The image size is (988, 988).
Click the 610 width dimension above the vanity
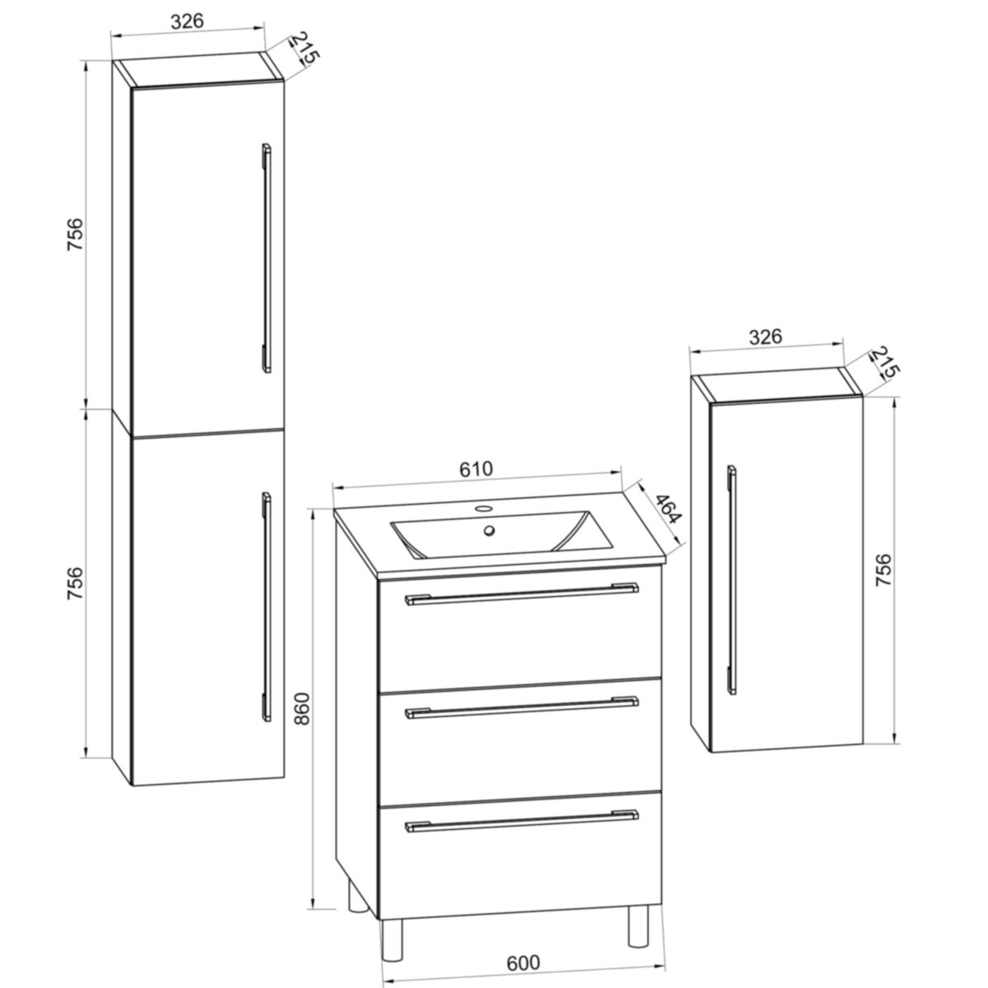pyautogui.click(x=475, y=468)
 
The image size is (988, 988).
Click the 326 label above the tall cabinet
pyautogui.click(x=187, y=21)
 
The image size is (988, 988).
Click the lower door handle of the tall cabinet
pyautogui.click(x=265, y=605)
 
